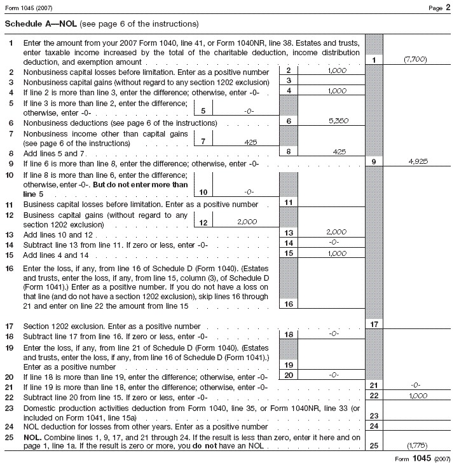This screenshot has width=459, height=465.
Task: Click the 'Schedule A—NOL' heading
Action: (41, 24)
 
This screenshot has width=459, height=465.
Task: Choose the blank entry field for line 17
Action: (414, 324)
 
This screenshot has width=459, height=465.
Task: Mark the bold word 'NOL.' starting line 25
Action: (32, 437)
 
